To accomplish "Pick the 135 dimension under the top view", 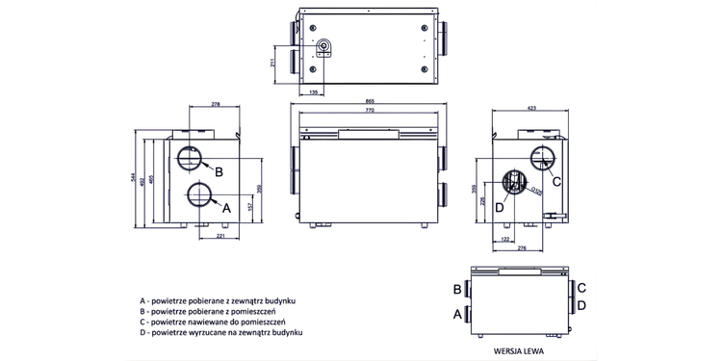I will (x=315, y=92).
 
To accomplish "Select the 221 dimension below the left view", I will (x=220, y=236).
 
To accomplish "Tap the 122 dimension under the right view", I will (x=506, y=237).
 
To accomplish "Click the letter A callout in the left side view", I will (x=227, y=207).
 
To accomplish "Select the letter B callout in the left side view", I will (x=219, y=172).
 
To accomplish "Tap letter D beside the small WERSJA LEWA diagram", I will (x=581, y=305).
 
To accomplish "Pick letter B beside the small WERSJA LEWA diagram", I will (x=456, y=288).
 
